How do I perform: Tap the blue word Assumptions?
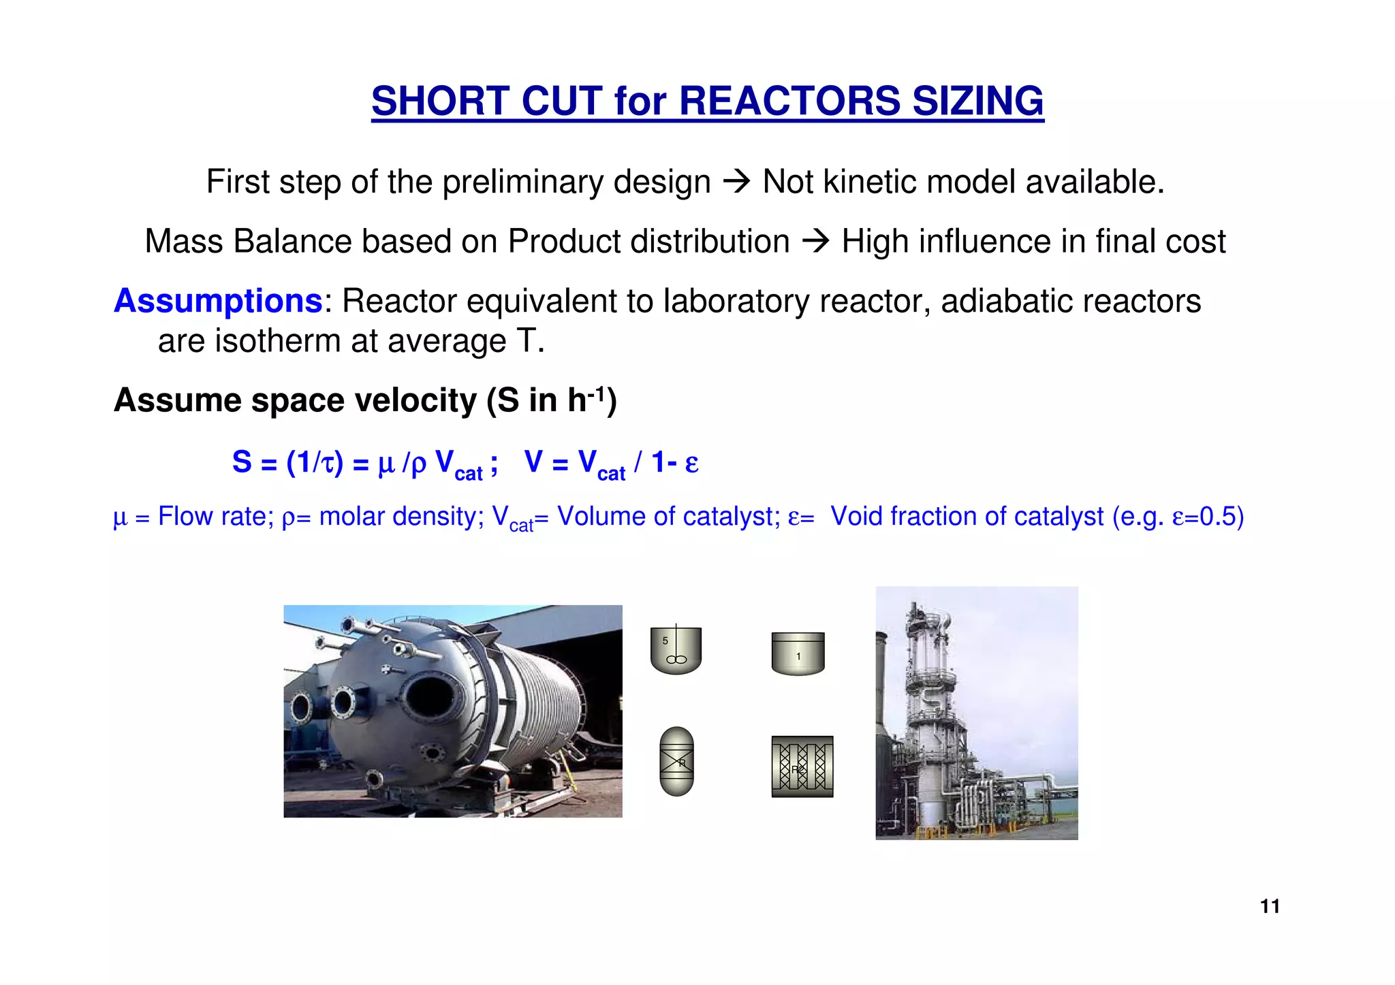(x=218, y=301)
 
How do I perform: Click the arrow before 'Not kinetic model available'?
(x=736, y=181)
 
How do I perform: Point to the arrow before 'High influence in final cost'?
(x=815, y=241)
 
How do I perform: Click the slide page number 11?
(x=1270, y=906)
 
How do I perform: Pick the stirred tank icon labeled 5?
(x=676, y=650)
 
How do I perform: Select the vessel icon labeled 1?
(x=798, y=653)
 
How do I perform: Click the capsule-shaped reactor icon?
(x=677, y=761)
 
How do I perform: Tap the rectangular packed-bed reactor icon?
(x=802, y=766)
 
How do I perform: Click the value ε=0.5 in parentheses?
(x=1203, y=517)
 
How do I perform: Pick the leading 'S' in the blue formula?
(x=242, y=462)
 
